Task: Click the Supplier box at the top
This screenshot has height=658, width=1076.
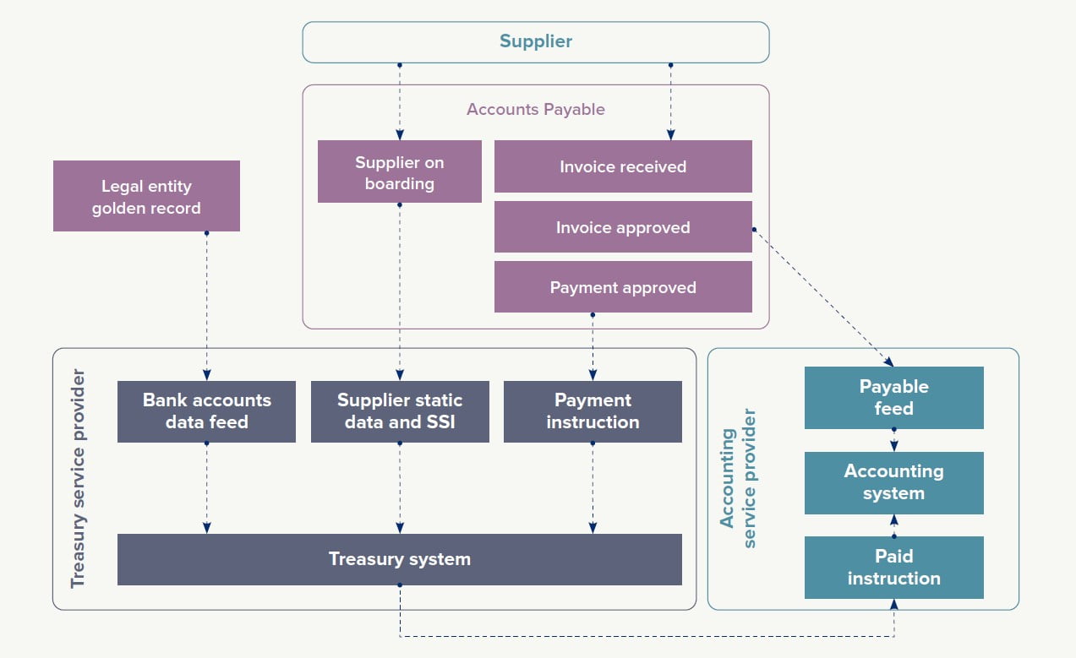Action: coord(536,41)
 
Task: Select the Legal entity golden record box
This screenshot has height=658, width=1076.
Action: coord(146,196)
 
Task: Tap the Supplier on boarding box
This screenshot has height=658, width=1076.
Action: coord(400,171)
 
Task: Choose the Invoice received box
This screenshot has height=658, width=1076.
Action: coord(623,166)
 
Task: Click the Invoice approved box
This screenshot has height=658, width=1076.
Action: coord(623,227)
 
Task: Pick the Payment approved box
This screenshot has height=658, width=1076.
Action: coord(623,287)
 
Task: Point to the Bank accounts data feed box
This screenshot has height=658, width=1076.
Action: coord(206,411)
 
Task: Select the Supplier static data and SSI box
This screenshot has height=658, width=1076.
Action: coord(400,411)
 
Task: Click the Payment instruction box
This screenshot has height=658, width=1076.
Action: coord(593,411)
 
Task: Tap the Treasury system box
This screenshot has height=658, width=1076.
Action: coord(400,559)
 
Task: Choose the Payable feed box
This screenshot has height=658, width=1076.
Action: coord(893,398)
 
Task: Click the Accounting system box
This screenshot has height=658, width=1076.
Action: coord(893,483)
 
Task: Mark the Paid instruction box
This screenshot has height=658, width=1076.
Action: coord(893,568)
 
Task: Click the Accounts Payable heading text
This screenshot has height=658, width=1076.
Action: coord(536,109)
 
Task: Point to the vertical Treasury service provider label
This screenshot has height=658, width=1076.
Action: coord(78,477)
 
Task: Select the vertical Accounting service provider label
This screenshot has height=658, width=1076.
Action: coord(737,479)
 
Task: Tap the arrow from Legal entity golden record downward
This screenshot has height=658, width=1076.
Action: coord(206,304)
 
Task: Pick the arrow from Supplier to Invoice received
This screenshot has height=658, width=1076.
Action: coord(670,101)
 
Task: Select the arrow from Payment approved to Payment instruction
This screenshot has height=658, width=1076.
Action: coord(593,346)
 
